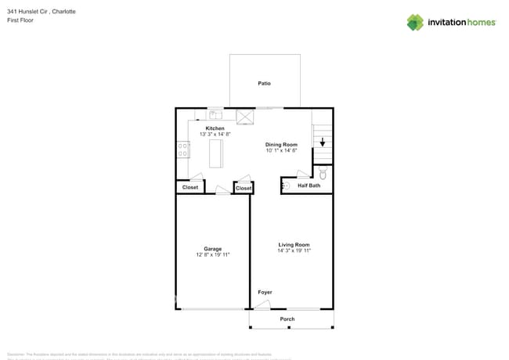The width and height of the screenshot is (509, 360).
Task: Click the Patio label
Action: (265, 83)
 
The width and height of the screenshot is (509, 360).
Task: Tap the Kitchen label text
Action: (215, 128)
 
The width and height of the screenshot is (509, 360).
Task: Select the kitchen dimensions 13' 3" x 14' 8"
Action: (215, 135)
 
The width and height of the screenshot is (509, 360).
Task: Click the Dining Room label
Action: (281, 145)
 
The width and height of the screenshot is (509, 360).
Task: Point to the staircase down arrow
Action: (322, 142)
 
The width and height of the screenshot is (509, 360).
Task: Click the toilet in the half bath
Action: (322, 173)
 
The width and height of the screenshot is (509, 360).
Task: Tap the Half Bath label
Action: (309, 185)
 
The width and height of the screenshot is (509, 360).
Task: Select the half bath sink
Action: (286, 185)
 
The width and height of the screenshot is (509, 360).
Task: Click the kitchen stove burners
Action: (183, 149)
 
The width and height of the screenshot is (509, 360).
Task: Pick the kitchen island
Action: (215, 154)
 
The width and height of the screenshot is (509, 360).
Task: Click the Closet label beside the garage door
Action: (244, 188)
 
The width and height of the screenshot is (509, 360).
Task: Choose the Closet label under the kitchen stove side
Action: (190, 188)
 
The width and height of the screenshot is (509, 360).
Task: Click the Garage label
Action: (212, 249)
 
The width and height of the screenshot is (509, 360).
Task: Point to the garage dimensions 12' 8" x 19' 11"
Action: (212, 255)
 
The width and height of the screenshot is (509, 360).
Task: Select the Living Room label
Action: (294, 245)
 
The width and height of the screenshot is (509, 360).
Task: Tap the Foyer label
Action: (265, 293)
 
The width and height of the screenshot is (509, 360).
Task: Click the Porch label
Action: (287, 319)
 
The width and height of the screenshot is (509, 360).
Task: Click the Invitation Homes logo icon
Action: (415, 23)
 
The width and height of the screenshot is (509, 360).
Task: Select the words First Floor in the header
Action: (23, 20)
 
